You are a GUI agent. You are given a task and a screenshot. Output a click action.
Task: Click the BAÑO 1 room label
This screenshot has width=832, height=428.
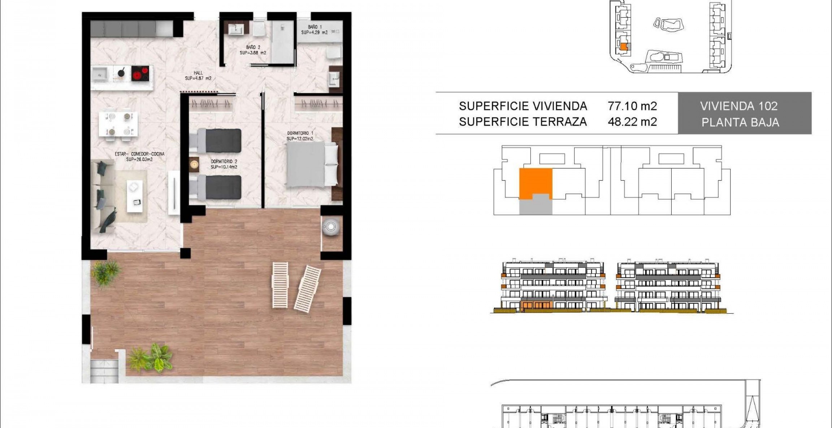[x=314, y=30]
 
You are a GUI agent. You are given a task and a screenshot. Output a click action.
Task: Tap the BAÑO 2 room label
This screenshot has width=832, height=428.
[x=253, y=50]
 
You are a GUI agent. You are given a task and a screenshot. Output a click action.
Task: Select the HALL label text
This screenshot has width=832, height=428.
[x=198, y=75]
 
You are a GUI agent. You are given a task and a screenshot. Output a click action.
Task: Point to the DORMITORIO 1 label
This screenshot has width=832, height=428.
[x=300, y=136]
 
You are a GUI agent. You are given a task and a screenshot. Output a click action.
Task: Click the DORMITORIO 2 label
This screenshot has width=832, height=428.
[x=224, y=164]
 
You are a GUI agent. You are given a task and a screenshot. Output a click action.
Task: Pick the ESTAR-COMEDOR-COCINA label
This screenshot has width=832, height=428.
[x=139, y=156]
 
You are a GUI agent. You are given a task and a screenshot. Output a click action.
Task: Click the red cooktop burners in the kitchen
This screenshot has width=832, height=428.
[x=140, y=73]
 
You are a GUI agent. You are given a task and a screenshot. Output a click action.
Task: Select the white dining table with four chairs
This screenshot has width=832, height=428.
[x=118, y=124]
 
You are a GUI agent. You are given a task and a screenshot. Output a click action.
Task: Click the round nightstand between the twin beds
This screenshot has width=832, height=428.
[x=194, y=165]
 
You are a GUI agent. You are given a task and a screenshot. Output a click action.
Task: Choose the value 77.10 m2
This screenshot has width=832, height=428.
[x=632, y=106]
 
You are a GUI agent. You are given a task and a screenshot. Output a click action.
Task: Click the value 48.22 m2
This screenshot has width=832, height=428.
[x=632, y=122]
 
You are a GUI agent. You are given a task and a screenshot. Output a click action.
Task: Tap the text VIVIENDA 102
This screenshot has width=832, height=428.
[x=739, y=106]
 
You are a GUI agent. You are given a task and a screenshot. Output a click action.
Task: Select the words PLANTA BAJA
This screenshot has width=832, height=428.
[x=740, y=122]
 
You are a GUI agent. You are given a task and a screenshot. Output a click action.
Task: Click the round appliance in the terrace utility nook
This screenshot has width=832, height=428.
[x=331, y=227]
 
